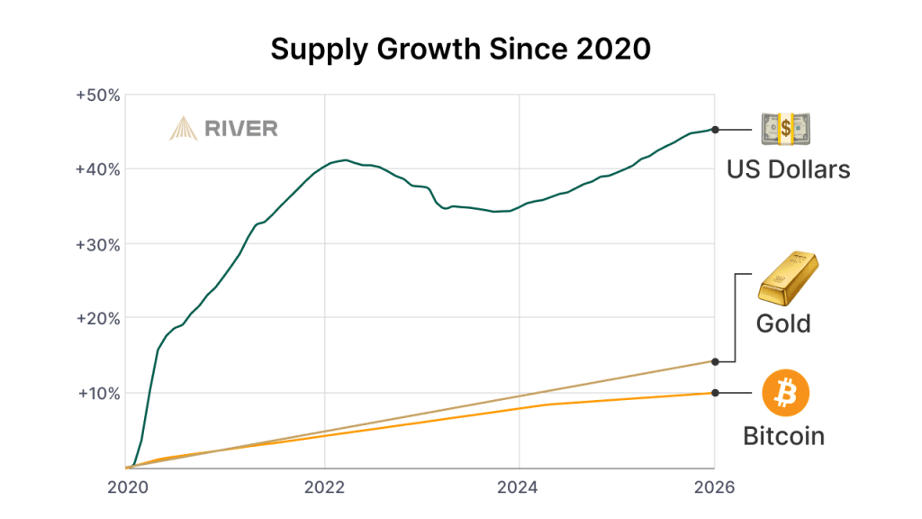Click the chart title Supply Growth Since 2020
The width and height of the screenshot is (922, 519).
click(x=460, y=50)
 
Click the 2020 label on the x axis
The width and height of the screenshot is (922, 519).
click(x=128, y=487)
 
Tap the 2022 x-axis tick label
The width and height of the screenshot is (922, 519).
click(x=324, y=487)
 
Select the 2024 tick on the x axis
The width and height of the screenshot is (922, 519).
click(x=520, y=487)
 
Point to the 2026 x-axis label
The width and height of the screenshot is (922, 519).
click(x=715, y=487)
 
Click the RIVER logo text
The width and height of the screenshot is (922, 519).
click(x=241, y=129)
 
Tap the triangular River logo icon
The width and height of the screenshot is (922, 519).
click(x=184, y=129)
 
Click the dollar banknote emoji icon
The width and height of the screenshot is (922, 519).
click(x=786, y=130)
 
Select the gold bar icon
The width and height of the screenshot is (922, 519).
click(x=786, y=278)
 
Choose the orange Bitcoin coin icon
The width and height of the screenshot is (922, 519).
click(x=785, y=393)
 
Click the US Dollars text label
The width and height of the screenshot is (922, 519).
click(x=788, y=169)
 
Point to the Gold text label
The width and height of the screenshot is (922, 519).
click(x=784, y=323)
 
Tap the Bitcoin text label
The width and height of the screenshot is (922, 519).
click(x=784, y=437)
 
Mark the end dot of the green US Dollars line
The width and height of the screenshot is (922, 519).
click(x=715, y=130)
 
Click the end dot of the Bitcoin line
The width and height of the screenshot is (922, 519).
click(x=715, y=392)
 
